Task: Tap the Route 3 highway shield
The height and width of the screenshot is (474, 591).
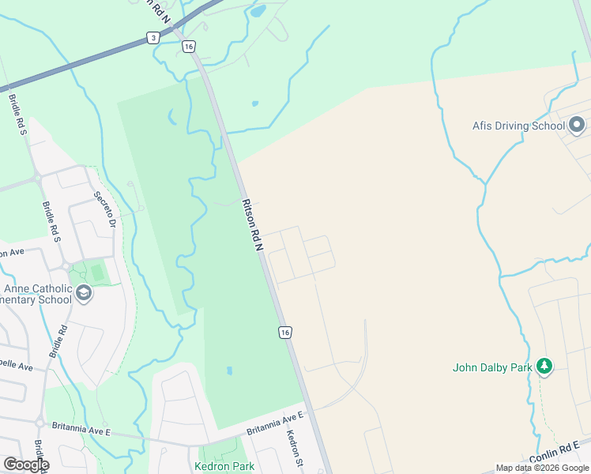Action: [152, 37]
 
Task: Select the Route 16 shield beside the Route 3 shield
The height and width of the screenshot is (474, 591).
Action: [188, 47]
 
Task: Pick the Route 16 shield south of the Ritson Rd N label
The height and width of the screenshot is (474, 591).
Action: [285, 333]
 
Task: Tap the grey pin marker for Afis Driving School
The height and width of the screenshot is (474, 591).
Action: [577, 125]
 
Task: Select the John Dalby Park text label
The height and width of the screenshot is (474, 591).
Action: [491, 367]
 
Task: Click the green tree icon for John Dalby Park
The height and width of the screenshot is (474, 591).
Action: [544, 367]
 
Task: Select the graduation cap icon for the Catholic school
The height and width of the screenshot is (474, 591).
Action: [84, 294]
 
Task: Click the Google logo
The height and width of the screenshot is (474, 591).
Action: [25, 465]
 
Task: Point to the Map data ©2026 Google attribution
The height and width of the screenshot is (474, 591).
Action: [542, 468]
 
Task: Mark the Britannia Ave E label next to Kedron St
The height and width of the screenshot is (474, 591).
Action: [275, 424]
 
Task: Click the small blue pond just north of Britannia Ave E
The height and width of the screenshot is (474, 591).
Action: [229, 370]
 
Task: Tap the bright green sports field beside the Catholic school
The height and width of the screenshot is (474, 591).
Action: [96, 273]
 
